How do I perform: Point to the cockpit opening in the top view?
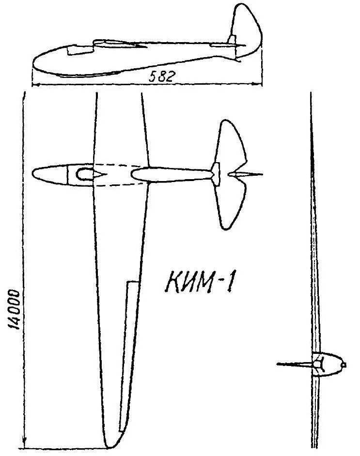(85, 174)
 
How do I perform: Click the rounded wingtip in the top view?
(111, 442)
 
